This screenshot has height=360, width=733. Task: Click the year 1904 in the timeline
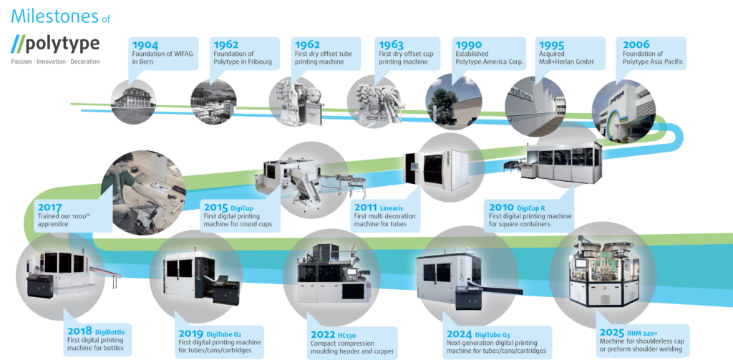(146, 44)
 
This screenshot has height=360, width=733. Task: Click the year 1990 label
(469, 44)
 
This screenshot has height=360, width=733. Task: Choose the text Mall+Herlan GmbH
(569, 63)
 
